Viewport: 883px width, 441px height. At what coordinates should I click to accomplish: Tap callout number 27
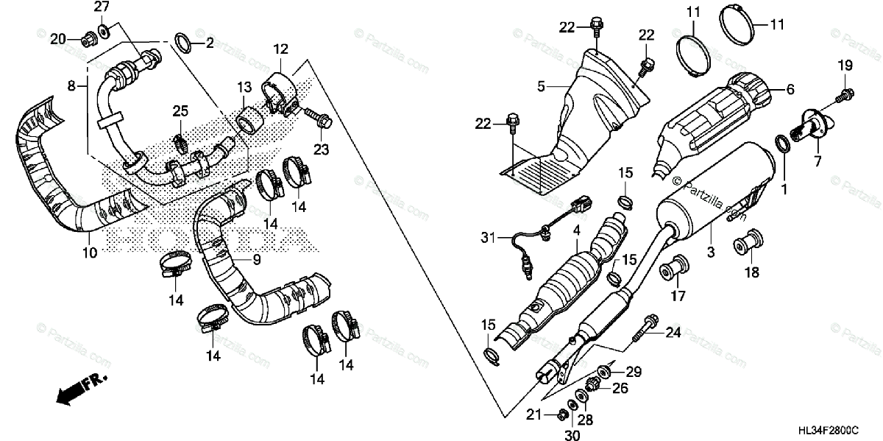(101, 7)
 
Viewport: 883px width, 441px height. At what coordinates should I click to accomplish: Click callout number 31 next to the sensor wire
(485, 237)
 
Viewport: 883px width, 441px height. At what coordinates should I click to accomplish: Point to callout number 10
(89, 253)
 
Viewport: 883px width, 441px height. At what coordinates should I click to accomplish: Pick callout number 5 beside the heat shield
(541, 86)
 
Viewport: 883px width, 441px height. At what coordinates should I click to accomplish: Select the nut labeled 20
(87, 38)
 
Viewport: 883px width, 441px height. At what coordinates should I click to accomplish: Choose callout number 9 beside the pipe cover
(257, 260)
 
